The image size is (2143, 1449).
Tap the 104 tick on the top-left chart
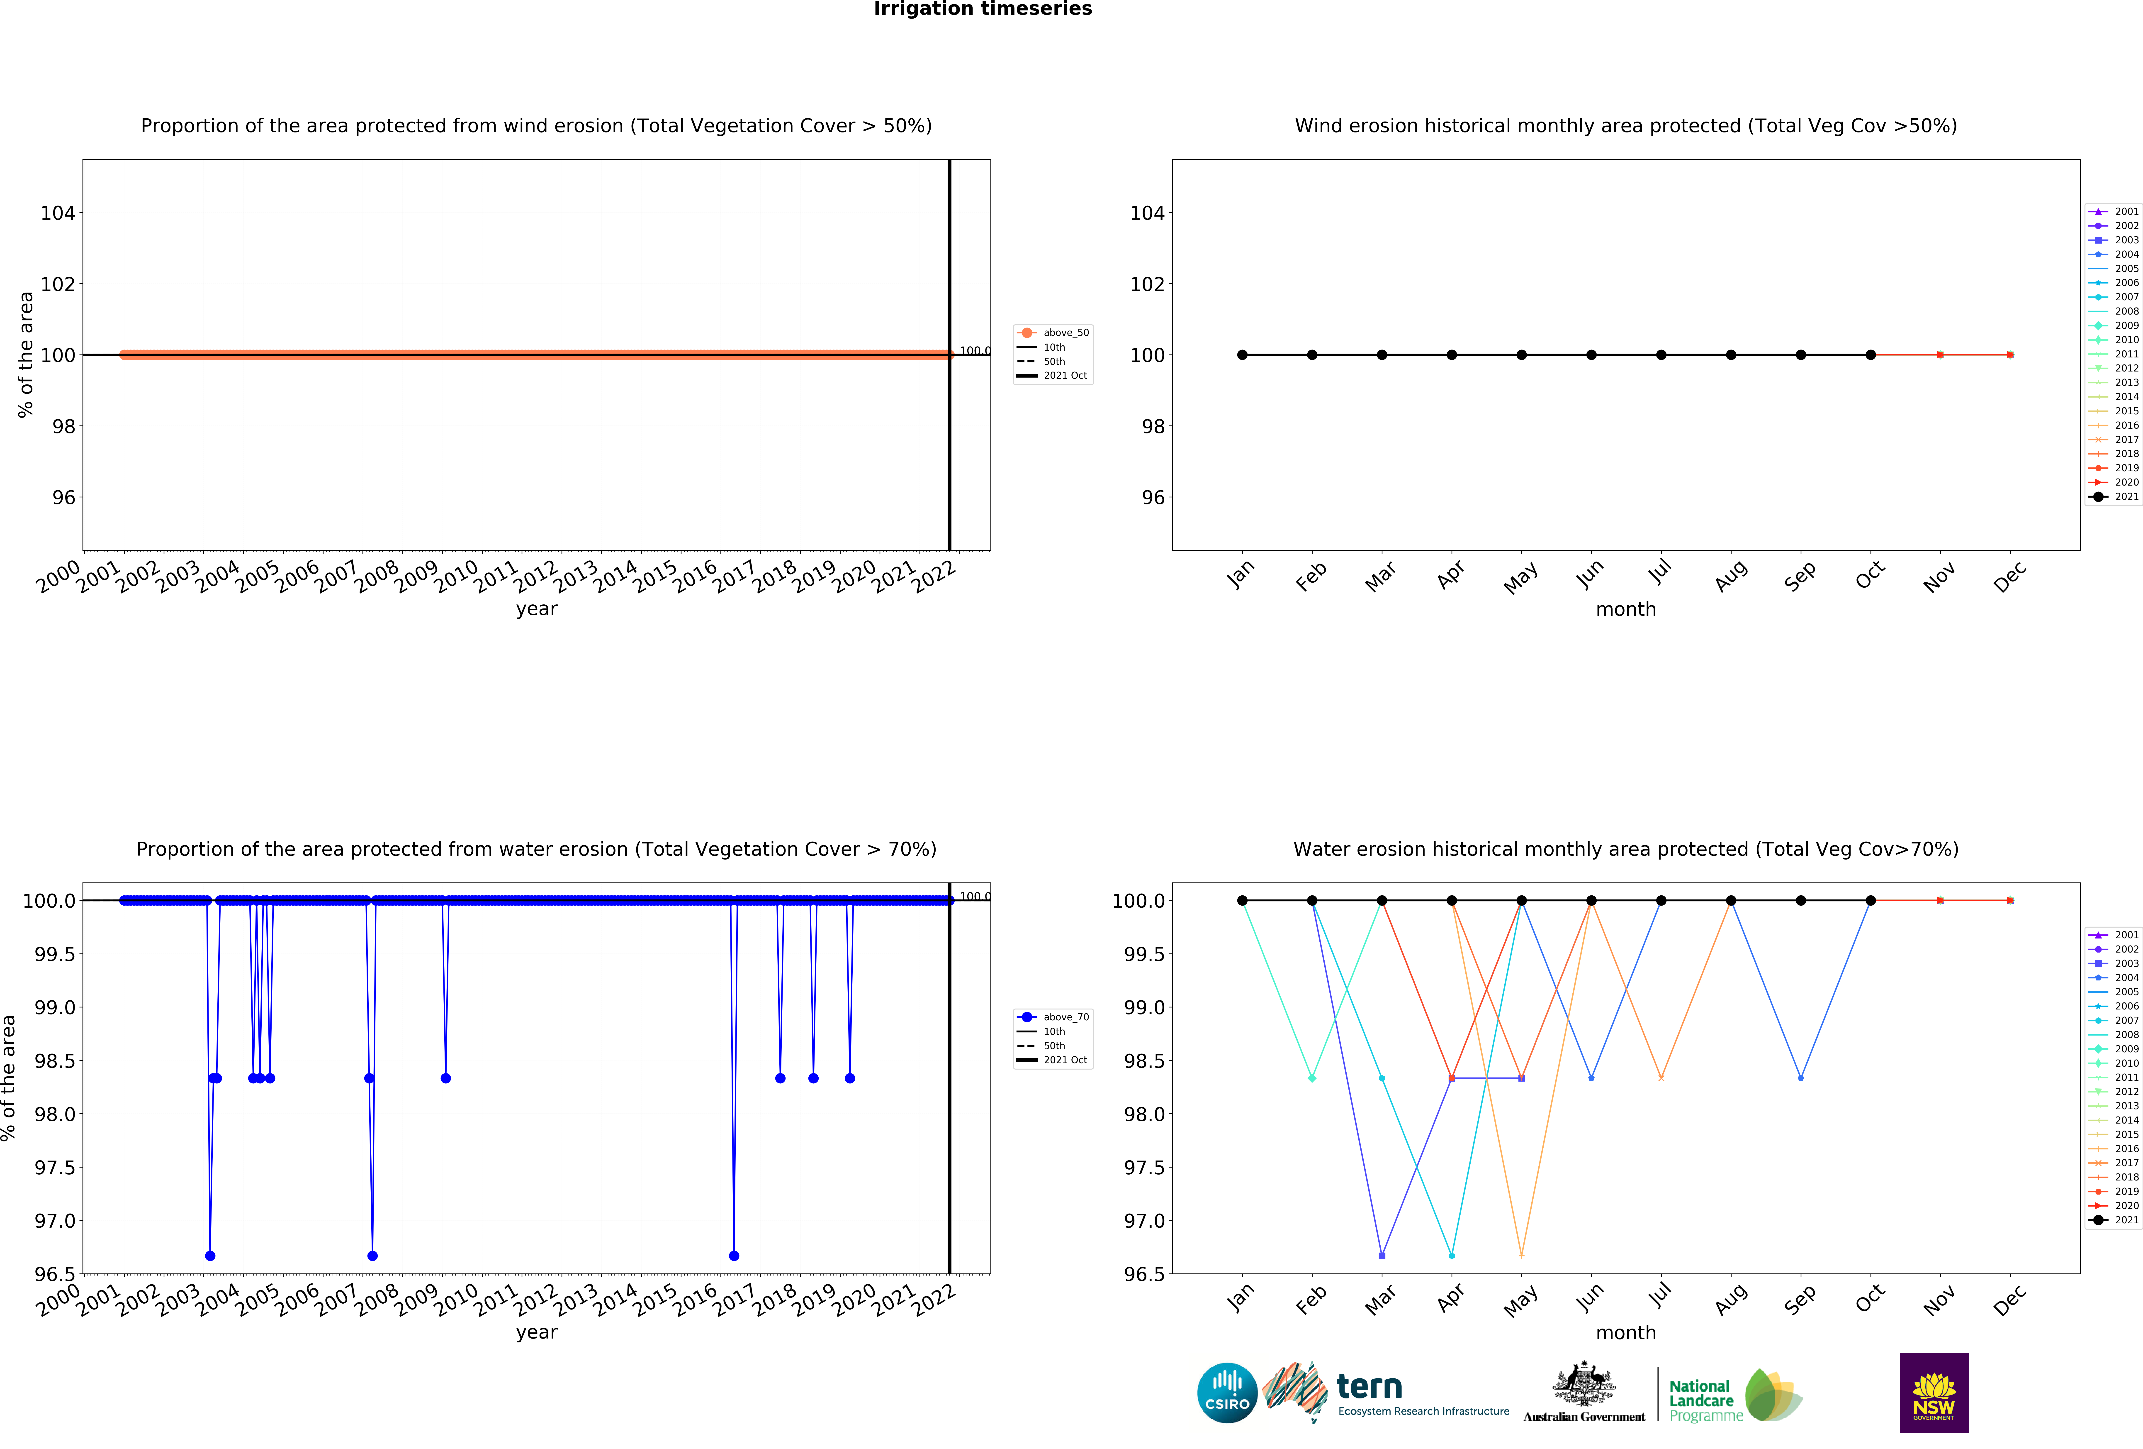click(57, 213)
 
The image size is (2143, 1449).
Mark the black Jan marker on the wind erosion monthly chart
click(1242, 355)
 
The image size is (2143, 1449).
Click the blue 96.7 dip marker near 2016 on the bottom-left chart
click(733, 1255)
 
